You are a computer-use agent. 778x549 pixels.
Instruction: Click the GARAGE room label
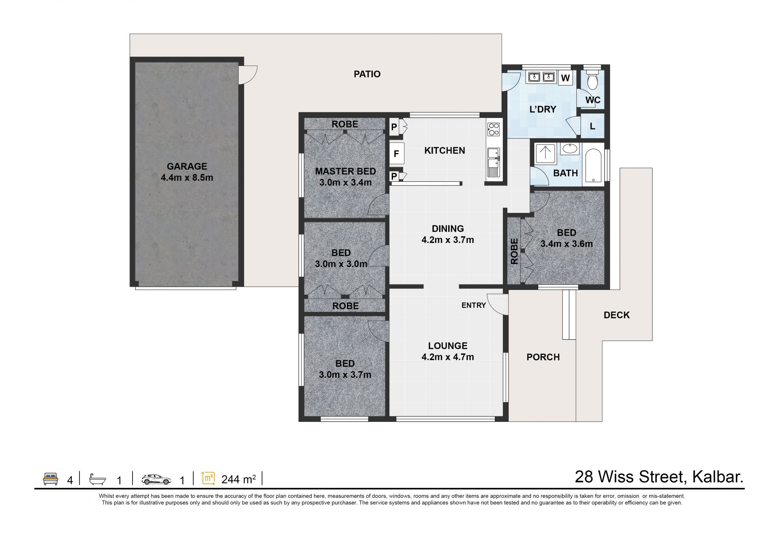click(187, 166)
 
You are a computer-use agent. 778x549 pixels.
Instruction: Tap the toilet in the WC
click(592, 80)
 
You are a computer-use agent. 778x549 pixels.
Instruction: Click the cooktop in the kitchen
click(494, 129)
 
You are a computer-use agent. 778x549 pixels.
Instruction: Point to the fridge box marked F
click(396, 154)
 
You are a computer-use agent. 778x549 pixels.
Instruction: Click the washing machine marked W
click(566, 78)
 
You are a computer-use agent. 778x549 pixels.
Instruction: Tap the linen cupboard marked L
click(592, 126)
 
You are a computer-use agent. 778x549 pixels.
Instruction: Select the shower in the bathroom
click(545, 154)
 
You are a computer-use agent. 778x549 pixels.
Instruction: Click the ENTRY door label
click(474, 305)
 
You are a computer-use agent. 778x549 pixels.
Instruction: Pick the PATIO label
click(367, 74)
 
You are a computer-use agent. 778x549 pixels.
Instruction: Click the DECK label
click(617, 315)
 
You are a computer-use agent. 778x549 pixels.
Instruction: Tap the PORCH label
click(543, 357)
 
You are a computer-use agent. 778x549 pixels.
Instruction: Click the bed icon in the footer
click(51, 479)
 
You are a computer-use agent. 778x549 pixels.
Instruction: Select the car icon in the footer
click(156, 479)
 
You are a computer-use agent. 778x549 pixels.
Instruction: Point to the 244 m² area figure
click(239, 479)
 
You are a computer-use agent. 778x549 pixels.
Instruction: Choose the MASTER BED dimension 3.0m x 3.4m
click(345, 183)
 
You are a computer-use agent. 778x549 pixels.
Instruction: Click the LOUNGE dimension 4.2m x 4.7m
click(448, 357)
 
